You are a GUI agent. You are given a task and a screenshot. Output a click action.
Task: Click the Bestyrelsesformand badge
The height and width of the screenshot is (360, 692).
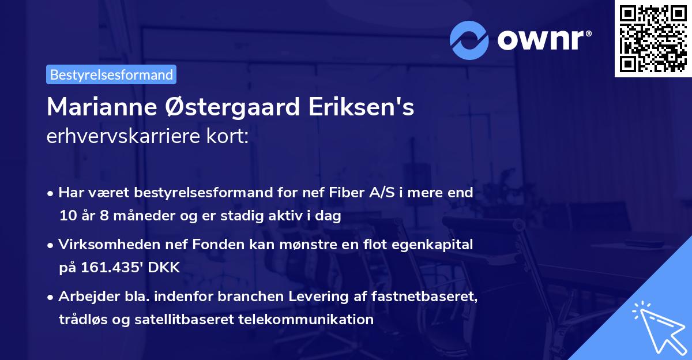tap(111, 74)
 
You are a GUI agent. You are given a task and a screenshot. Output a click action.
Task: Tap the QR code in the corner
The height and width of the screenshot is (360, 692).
tap(652, 38)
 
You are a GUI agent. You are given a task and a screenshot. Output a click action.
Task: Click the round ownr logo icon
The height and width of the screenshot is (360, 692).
tap(469, 40)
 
